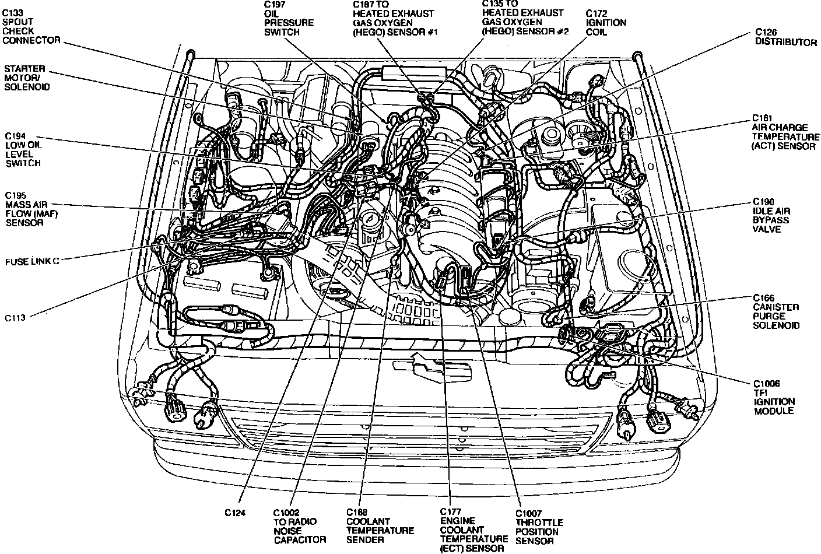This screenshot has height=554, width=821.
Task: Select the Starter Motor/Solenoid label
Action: click(26, 78)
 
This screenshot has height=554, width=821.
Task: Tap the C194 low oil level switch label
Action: click(23, 149)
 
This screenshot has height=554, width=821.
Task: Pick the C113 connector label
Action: click(17, 318)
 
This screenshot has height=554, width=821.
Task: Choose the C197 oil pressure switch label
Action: click(289, 19)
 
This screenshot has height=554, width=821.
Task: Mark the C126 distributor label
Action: click(785, 37)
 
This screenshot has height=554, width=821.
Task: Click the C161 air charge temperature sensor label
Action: click(783, 132)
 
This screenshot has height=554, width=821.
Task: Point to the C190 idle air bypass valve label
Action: click(770, 215)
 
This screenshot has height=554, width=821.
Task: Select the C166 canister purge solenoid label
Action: click(776, 311)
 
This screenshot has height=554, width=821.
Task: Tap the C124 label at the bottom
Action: click(236, 513)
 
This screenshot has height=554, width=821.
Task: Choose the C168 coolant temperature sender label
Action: click(380, 526)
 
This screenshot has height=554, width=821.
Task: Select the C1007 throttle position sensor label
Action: click(539, 527)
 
